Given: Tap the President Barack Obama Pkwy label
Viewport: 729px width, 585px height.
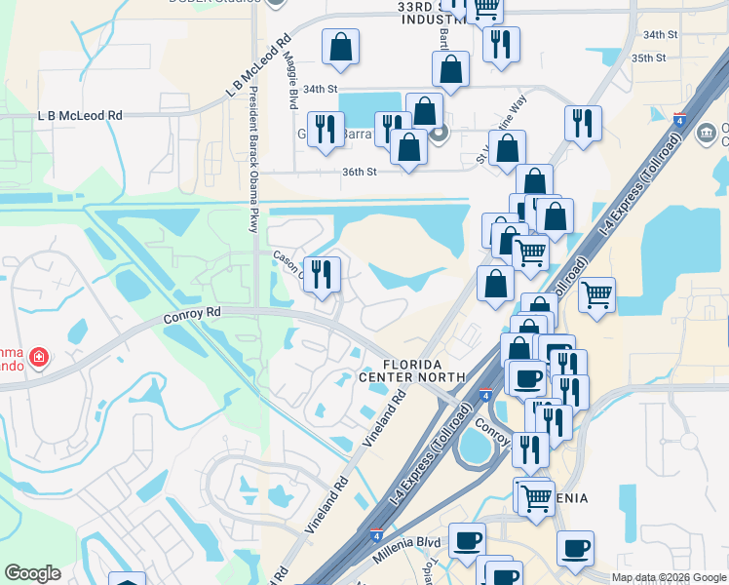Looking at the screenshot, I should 252,146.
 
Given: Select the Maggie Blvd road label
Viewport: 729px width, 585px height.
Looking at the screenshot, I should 290,79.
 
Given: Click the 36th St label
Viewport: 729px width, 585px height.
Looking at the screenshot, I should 359,172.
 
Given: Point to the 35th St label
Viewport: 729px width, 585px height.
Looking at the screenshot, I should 648,58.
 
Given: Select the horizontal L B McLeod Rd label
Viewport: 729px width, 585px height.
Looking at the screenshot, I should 80,115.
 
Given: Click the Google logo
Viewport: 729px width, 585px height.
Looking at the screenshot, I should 33,573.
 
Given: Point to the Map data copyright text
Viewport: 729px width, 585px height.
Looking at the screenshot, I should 669,577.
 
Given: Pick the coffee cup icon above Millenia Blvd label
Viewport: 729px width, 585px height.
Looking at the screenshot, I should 467,538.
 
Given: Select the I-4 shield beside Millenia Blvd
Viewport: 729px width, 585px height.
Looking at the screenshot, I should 377,534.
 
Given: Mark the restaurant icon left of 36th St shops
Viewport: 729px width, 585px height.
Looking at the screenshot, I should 326,128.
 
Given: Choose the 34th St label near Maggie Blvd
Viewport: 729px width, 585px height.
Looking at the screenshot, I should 319,88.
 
